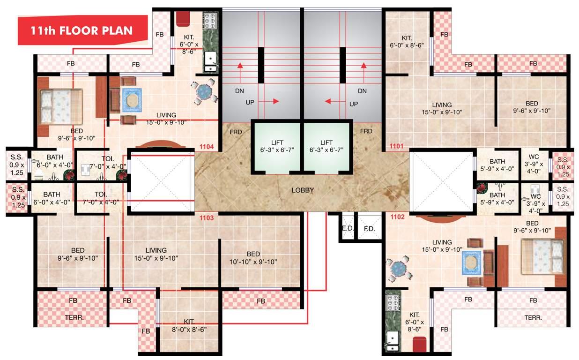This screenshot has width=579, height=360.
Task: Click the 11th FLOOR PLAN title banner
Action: click(x=82, y=31)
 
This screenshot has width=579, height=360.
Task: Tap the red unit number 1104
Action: click(x=207, y=147)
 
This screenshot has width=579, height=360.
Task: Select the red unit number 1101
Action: click(x=396, y=147)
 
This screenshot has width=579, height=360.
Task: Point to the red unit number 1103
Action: click(x=207, y=217)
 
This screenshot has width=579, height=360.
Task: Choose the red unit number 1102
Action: click(x=397, y=217)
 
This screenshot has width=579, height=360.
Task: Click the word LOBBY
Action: click(x=303, y=190)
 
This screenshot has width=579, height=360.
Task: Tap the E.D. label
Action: click(x=347, y=229)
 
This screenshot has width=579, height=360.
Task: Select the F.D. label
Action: click(x=369, y=229)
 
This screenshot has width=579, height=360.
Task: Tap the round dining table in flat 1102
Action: click(x=400, y=268)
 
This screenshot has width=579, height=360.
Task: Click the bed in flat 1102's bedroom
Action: click(x=541, y=255)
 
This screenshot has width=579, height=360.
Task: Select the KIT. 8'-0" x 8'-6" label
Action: click(x=189, y=325)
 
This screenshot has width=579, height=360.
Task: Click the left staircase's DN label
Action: click(x=240, y=90)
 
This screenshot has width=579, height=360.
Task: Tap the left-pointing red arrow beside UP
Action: click(x=333, y=101)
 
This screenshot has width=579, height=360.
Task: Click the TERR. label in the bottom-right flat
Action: click(x=533, y=317)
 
